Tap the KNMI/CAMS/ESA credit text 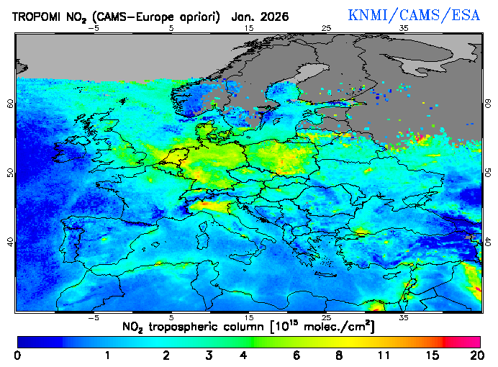tap(413, 15)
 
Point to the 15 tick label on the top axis tap(249, 29)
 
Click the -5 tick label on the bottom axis tap(93, 317)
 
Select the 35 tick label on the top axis tap(404, 29)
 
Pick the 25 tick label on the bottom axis tap(326, 317)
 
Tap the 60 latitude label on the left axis tap(10, 103)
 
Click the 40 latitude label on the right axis tap(488, 243)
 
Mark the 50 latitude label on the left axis tap(10, 173)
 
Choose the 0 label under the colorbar tap(17, 355)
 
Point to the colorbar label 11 tap(383, 355)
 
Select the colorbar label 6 tap(296, 355)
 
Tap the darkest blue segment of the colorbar tap(40, 341)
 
